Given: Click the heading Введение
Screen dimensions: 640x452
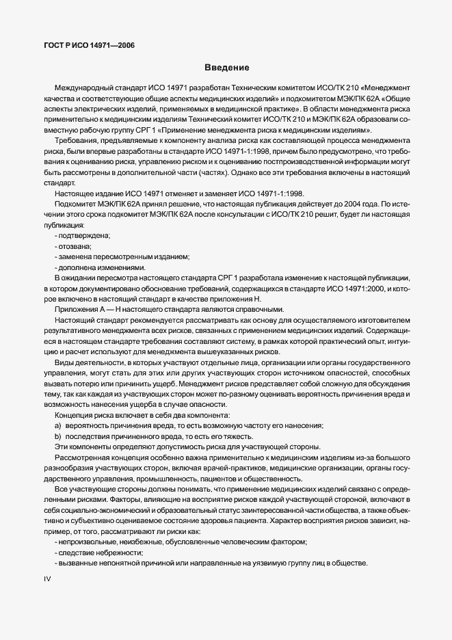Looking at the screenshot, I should (x=226, y=68).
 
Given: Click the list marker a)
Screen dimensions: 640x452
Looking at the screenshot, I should (x=58, y=426).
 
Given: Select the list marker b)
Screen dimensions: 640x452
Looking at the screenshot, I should (x=58, y=437).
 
